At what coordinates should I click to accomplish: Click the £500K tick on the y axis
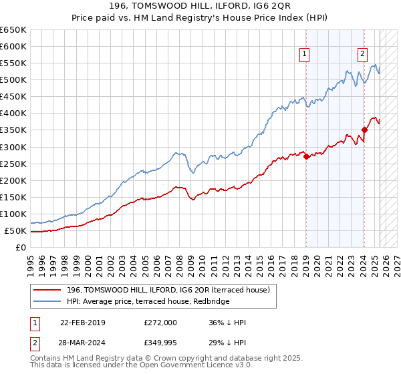(x=13, y=80)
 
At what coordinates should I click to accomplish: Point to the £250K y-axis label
(x=13, y=164)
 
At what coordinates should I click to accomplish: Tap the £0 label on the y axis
(x=21, y=248)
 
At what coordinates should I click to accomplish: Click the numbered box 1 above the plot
(x=305, y=55)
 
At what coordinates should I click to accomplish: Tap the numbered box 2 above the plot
(x=362, y=55)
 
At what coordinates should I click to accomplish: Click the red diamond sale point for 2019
(x=306, y=157)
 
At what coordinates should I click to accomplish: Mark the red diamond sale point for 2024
(x=364, y=130)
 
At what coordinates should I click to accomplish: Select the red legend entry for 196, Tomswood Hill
(x=168, y=290)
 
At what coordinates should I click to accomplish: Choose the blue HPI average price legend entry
(x=148, y=302)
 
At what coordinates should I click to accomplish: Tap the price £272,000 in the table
(x=160, y=323)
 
